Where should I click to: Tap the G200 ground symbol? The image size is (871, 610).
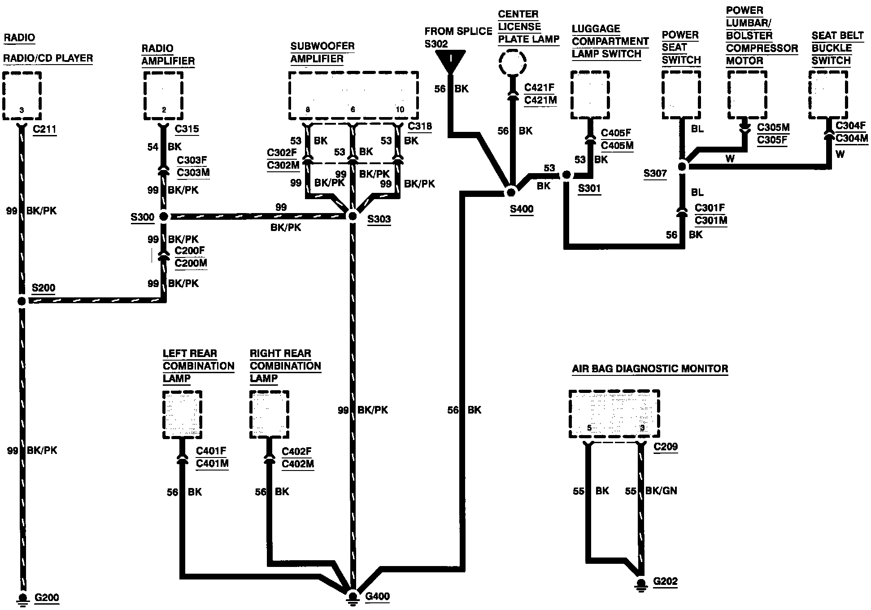pos(22,598)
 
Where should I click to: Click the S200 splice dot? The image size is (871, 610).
pos(22,301)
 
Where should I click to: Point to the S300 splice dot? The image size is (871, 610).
pos(164,217)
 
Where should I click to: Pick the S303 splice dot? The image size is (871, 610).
pos(353,216)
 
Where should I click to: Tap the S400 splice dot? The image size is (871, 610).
pos(510,192)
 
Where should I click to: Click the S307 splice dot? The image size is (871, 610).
pos(682,167)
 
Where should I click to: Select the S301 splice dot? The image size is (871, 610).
pos(566,174)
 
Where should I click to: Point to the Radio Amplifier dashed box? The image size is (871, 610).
pos(163,96)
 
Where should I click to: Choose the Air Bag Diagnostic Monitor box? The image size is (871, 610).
pos(614,414)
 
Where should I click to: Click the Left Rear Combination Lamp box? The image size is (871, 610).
pos(182,414)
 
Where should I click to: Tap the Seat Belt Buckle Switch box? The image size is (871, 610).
pos(828,95)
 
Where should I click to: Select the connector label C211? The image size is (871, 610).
pos(45,130)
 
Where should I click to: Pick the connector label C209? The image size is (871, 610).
pos(666,446)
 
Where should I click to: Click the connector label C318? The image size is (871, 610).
pos(420,126)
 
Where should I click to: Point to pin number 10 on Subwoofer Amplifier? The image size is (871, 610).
pos(400,109)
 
